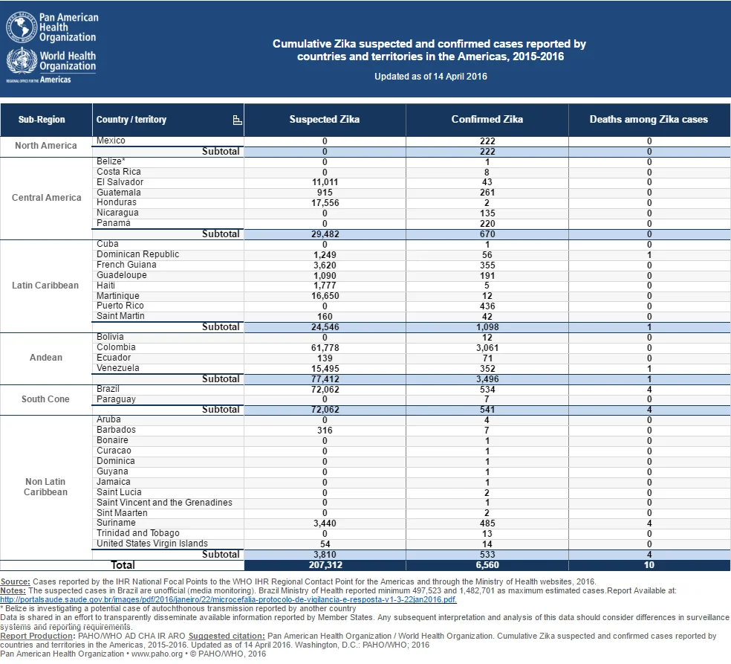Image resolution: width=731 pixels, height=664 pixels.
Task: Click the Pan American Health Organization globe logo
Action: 22,27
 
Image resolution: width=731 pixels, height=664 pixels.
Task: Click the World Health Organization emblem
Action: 22,61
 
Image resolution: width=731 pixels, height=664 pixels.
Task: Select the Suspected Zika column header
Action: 325,120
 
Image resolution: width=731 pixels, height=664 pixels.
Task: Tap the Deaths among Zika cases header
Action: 649,120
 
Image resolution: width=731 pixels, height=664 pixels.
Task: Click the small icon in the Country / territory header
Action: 237,120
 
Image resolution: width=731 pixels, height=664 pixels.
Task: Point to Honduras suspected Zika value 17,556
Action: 325,203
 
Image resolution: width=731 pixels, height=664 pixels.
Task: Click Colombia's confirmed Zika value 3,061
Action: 487,348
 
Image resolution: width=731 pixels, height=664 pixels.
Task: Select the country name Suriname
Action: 116,523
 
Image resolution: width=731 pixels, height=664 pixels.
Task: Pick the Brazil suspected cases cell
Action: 325,390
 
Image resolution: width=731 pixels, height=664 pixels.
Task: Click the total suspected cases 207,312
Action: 325,565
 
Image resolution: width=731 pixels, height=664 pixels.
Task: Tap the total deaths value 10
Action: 649,565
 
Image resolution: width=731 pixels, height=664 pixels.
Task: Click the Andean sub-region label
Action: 46,358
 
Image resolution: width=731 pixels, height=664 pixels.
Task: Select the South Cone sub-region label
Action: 45,399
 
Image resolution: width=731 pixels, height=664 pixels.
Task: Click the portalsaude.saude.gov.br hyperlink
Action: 229,599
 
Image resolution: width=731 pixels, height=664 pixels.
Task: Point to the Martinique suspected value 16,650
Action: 325,296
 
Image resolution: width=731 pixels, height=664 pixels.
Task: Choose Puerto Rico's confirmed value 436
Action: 487,306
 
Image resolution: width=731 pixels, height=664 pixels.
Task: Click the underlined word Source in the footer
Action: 15,582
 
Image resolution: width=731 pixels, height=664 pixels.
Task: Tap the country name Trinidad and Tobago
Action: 138,533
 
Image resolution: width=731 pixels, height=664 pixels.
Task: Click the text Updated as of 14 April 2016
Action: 431,77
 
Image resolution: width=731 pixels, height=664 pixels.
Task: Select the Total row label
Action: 123,565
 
